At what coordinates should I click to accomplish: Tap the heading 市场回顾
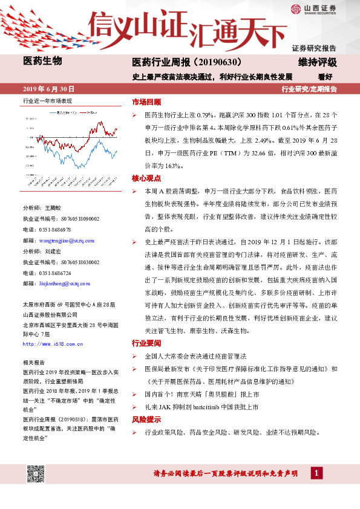[146, 102]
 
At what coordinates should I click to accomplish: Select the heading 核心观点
[146, 178]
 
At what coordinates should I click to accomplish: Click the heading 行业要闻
[146, 343]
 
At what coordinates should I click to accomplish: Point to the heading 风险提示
[146, 419]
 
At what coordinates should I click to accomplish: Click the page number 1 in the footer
[316, 473]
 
